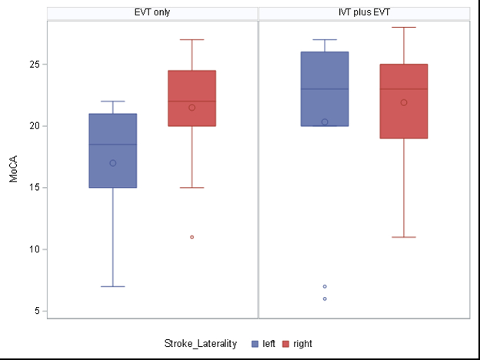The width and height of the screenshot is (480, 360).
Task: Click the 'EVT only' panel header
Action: tap(152, 12)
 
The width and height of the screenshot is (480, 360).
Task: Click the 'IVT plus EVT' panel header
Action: tap(364, 12)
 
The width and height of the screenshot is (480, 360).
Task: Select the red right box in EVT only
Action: tap(192, 98)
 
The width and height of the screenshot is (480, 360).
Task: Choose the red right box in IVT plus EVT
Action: tap(403, 101)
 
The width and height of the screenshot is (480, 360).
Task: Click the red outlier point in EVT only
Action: tap(192, 237)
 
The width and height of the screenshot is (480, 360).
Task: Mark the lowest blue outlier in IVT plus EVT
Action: tap(325, 298)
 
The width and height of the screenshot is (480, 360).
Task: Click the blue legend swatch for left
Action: tap(255, 344)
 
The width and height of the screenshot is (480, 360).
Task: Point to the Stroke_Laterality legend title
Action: tap(200, 344)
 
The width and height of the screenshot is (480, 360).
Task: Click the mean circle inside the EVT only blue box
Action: tap(113, 163)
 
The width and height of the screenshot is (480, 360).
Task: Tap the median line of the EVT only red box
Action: tap(192, 102)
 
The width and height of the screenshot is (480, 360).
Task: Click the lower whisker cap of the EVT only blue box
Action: tap(113, 286)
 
